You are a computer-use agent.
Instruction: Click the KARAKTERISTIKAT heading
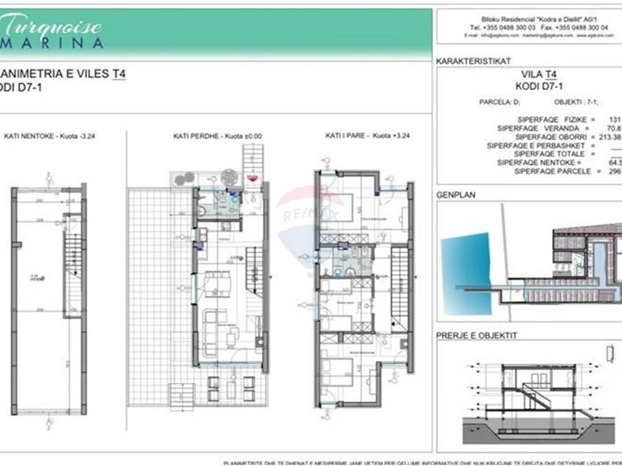click(473, 61)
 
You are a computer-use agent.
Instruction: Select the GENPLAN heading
click(456, 195)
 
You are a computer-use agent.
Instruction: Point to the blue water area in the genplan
click(461, 266)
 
